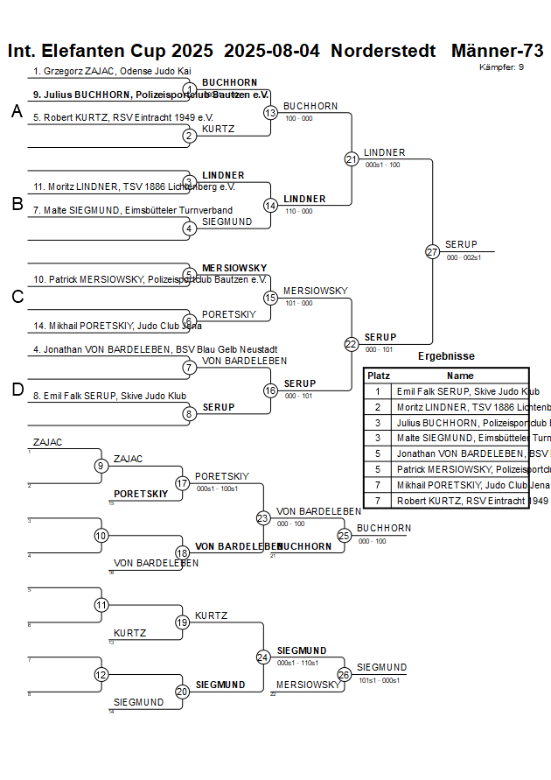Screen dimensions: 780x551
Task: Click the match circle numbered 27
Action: (x=432, y=252)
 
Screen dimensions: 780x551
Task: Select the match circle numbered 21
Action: (x=352, y=159)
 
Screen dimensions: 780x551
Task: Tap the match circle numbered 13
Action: (x=271, y=113)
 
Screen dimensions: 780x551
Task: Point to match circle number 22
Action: (x=352, y=344)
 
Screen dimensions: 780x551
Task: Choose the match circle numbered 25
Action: (x=345, y=535)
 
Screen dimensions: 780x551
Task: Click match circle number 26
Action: (x=345, y=674)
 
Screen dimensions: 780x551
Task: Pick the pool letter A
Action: (x=17, y=112)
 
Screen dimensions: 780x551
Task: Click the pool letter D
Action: (x=17, y=390)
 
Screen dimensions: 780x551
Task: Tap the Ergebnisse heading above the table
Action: (x=446, y=356)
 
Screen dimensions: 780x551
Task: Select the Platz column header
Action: (x=378, y=376)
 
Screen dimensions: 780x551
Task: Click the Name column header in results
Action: (x=460, y=376)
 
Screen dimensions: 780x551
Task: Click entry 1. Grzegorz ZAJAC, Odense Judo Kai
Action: (x=112, y=71)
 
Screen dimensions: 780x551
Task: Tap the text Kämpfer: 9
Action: (x=502, y=67)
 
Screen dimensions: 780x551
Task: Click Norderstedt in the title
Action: (x=383, y=51)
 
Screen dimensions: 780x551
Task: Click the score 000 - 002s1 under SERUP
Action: (x=464, y=257)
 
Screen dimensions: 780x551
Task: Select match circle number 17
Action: (x=183, y=483)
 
